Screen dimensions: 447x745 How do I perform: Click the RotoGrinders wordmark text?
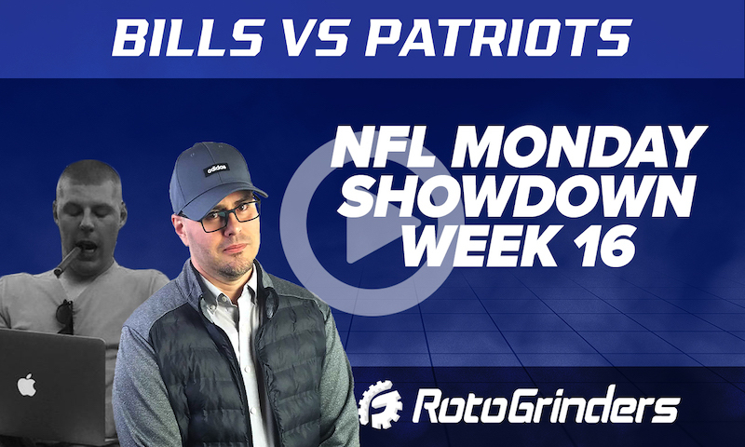[x=547, y=407]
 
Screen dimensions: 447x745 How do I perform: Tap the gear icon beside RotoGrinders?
[x=381, y=407]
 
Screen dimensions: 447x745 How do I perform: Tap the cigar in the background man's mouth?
[x=67, y=260]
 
